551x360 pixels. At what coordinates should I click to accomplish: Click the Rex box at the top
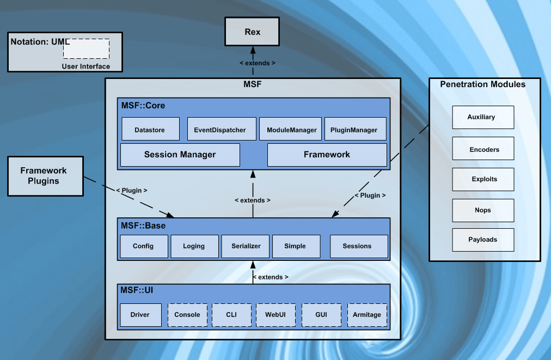click(x=252, y=32)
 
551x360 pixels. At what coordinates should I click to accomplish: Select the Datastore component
click(x=150, y=129)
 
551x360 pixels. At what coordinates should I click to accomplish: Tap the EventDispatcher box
click(x=220, y=129)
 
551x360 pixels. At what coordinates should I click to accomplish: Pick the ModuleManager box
click(x=291, y=129)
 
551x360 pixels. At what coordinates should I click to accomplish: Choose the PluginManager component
click(x=354, y=129)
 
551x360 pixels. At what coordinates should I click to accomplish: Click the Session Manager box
click(x=180, y=155)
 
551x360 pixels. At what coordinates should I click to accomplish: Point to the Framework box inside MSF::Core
click(x=327, y=155)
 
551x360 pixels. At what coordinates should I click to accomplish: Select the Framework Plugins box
click(x=45, y=176)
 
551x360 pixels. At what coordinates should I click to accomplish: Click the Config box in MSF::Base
click(x=143, y=246)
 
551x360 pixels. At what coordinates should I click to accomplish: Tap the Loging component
click(x=194, y=246)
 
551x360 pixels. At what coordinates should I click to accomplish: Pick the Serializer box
click(x=246, y=246)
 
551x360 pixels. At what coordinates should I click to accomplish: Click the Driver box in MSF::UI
click(x=141, y=315)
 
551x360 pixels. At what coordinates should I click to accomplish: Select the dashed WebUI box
click(x=276, y=315)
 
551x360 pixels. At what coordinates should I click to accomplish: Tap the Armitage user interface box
click(x=367, y=315)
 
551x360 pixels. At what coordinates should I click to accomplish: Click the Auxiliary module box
click(x=482, y=118)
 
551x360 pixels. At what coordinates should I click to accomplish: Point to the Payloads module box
click(x=482, y=240)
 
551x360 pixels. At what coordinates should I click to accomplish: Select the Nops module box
click(x=482, y=210)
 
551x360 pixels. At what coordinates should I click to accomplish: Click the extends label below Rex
click(x=258, y=63)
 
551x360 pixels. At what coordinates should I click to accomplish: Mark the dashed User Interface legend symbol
click(x=86, y=49)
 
